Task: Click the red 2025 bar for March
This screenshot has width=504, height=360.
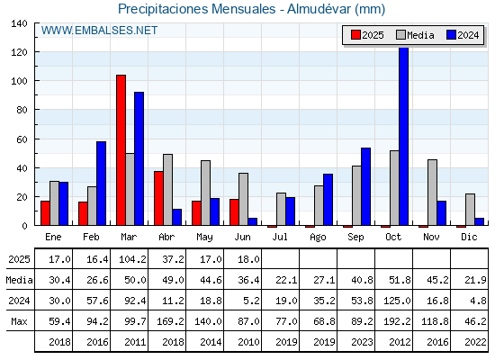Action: tap(121, 150)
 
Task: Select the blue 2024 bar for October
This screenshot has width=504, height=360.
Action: tap(404, 136)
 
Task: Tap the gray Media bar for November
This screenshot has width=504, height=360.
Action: tap(432, 193)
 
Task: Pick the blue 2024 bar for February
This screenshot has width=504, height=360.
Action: tap(101, 184)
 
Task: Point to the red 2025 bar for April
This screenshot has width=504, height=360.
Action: tap(158, 198)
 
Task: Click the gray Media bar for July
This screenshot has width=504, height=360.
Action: tap(281, 209)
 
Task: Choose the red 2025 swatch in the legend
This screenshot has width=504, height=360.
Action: tap(355, 35)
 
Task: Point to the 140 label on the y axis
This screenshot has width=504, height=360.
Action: tap(20, 23)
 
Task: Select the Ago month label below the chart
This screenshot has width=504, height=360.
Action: tap(318, 238)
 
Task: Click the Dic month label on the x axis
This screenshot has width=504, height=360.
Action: tap(469, 237)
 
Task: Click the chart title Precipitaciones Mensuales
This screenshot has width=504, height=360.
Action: tap(197, 9)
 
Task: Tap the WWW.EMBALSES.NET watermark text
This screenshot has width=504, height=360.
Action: tap(99, 31)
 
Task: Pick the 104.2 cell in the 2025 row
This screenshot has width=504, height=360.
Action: tap(132, 259)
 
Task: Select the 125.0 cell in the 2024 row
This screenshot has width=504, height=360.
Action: tap(397, 301)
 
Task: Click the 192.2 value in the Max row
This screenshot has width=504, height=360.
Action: tap(397, 321)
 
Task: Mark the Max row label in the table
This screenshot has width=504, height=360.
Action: tap(19, 321)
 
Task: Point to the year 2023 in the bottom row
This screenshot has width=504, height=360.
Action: tap(362, 342)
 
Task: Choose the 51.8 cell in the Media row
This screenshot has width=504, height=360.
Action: tap(400, 280)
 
